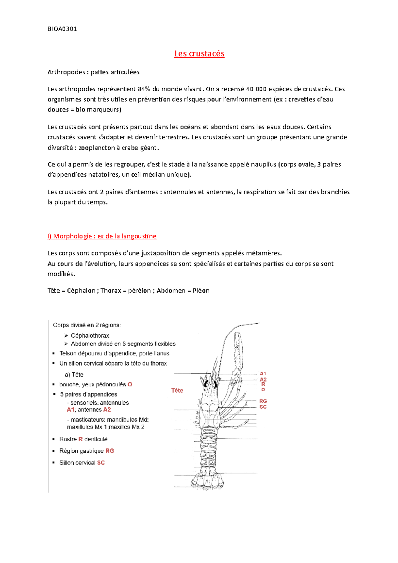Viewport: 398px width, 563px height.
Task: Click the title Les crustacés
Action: point(199,54)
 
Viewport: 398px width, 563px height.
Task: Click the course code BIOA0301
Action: point(62,29)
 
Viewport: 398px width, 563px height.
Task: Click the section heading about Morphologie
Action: point(102,236)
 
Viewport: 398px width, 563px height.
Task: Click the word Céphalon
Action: point(81,291)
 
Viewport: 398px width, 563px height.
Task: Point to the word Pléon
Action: point(201,291)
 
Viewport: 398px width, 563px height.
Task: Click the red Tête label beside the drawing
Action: point(177,391)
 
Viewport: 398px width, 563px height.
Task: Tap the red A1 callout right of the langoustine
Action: point(263,374)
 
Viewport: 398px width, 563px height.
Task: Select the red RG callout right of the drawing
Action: point(263,401)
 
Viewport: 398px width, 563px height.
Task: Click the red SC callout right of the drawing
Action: point(263,407)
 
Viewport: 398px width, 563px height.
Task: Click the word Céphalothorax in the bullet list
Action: point(90,336)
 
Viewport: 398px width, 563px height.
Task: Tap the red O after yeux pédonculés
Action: point(130,385)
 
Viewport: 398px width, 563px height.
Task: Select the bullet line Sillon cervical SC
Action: point(82,463)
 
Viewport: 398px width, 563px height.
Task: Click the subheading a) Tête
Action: point(74,375)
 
